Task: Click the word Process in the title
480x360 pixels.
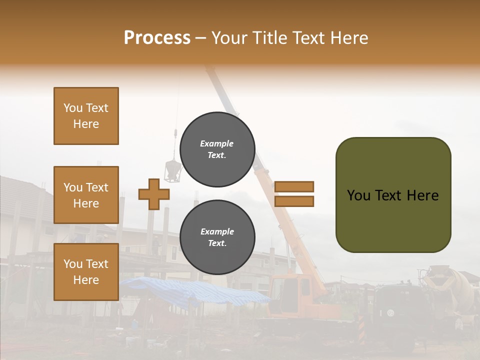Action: pyautogui.click(x=157, y=37)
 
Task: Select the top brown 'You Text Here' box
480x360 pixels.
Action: pyautogui.click(x=86, y=116)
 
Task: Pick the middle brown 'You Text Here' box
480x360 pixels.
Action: pyautogui.click(x=86, y=195)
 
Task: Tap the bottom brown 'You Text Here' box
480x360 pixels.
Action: pyautogui.click(x=86, y=271)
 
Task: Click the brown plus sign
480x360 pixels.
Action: pyautogui.click(x=153, y=194)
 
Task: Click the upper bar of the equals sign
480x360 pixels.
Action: pyautogui.click(x=294, y=186)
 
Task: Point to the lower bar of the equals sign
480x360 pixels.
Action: pyautogui.click(x=294, y=201)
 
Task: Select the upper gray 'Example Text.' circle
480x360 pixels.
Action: pyautogui.click(x=217, y=149)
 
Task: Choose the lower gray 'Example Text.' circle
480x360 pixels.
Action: pyautogui.click(x=217, y=237)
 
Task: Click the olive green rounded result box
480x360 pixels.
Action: pyautogui.click(x=393, y=194)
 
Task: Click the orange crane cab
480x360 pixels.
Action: pyautogui.click(x=292, y=292)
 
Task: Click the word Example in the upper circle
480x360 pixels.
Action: pyautogui.click(x=216, y=143)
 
